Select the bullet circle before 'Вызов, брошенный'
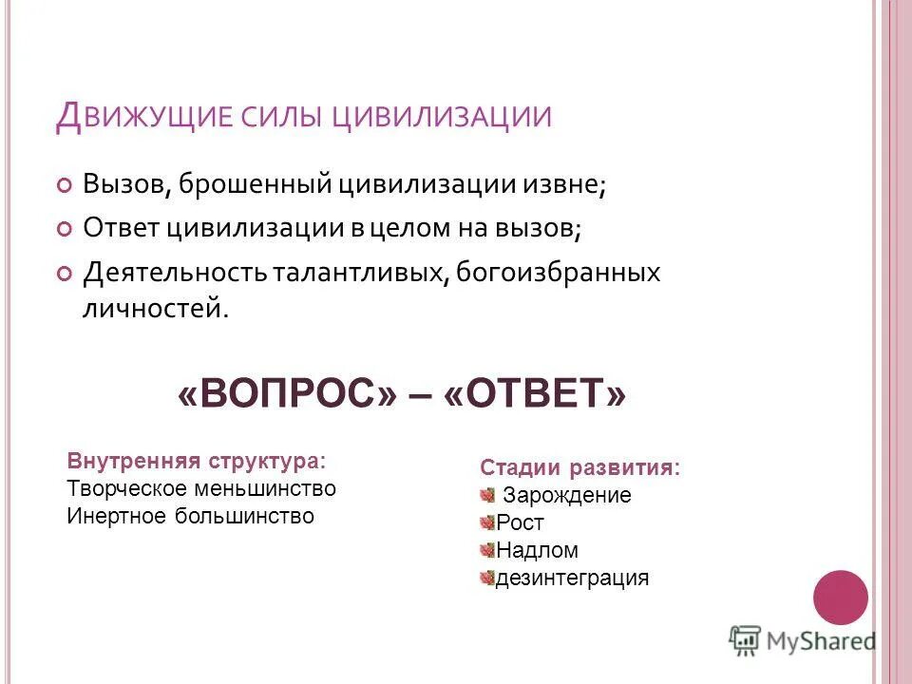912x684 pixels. click(x=64, y=184)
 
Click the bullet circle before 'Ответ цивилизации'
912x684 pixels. click(x=64, y=229)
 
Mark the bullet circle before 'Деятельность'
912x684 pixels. click(x=64, y=274)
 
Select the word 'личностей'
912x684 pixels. click(x=154, y=309)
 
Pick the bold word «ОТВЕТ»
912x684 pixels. click(x=535, y=392)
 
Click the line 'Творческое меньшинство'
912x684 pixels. click(x=201, y=488)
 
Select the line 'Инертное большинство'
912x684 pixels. click(x=190, y=516)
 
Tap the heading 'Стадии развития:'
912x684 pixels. click(x=580, y=467)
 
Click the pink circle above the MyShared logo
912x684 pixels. click(x=841, y=597)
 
